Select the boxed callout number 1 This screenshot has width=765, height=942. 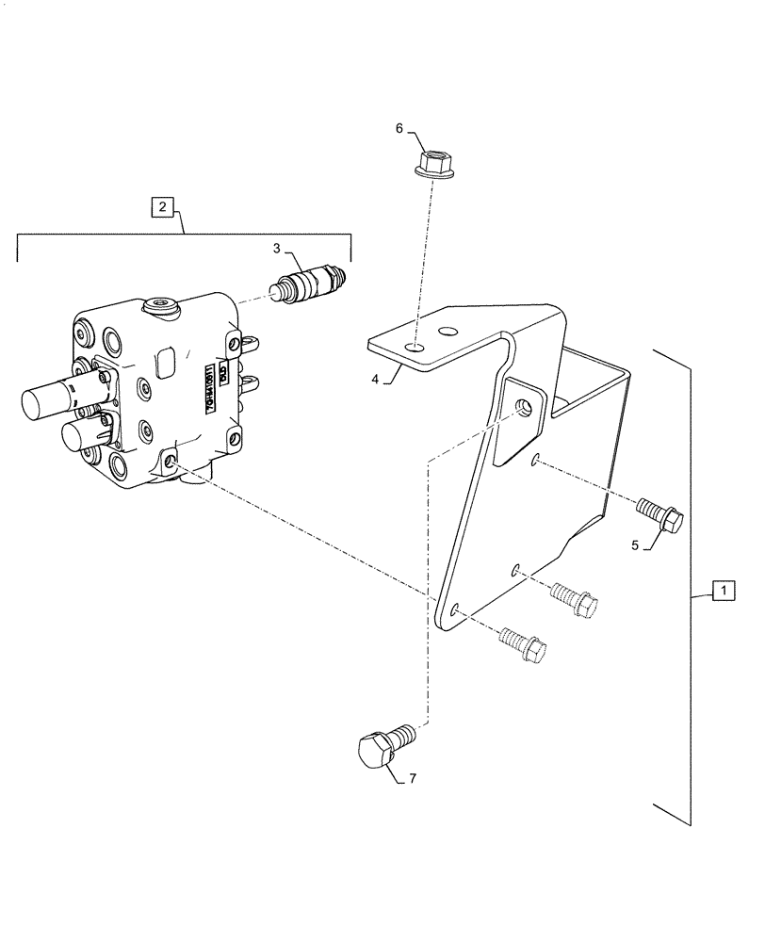[x=723, y=592]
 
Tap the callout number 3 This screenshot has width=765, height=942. [x=277, y=249]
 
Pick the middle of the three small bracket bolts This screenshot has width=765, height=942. [x=576, y=598]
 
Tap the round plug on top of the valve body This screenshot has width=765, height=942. [x=161, y=305]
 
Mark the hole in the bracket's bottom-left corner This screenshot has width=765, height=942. [x=454, y=610]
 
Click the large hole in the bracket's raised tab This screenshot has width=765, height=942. [x=523, y=407]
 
